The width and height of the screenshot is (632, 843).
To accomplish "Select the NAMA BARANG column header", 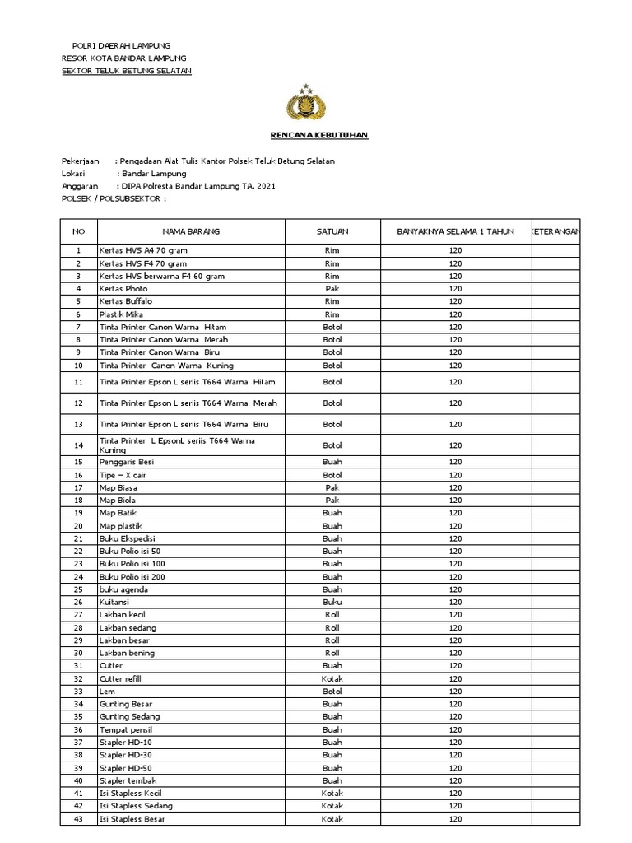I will coord(191,231).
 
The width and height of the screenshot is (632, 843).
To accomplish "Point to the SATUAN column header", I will coord(332,231).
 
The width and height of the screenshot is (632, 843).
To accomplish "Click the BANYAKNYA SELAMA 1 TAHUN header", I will coord(455,231).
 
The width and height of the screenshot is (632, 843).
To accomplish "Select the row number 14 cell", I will coord(79,445).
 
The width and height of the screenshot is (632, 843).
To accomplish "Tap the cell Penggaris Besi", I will coord(127,462).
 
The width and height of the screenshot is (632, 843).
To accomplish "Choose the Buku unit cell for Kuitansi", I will coord(332,602).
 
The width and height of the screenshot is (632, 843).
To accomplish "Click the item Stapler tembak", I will coord(128,780).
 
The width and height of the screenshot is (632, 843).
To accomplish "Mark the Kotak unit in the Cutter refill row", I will coord(332,678).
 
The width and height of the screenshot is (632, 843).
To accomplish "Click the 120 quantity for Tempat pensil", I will coord(455,729).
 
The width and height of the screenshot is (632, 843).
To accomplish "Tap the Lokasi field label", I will coord(75,174).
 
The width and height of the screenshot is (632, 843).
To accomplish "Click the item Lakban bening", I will coord(127,653).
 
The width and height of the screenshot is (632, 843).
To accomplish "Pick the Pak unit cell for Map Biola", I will coord(332,500).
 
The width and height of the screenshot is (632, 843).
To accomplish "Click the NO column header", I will coord(79,231).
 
